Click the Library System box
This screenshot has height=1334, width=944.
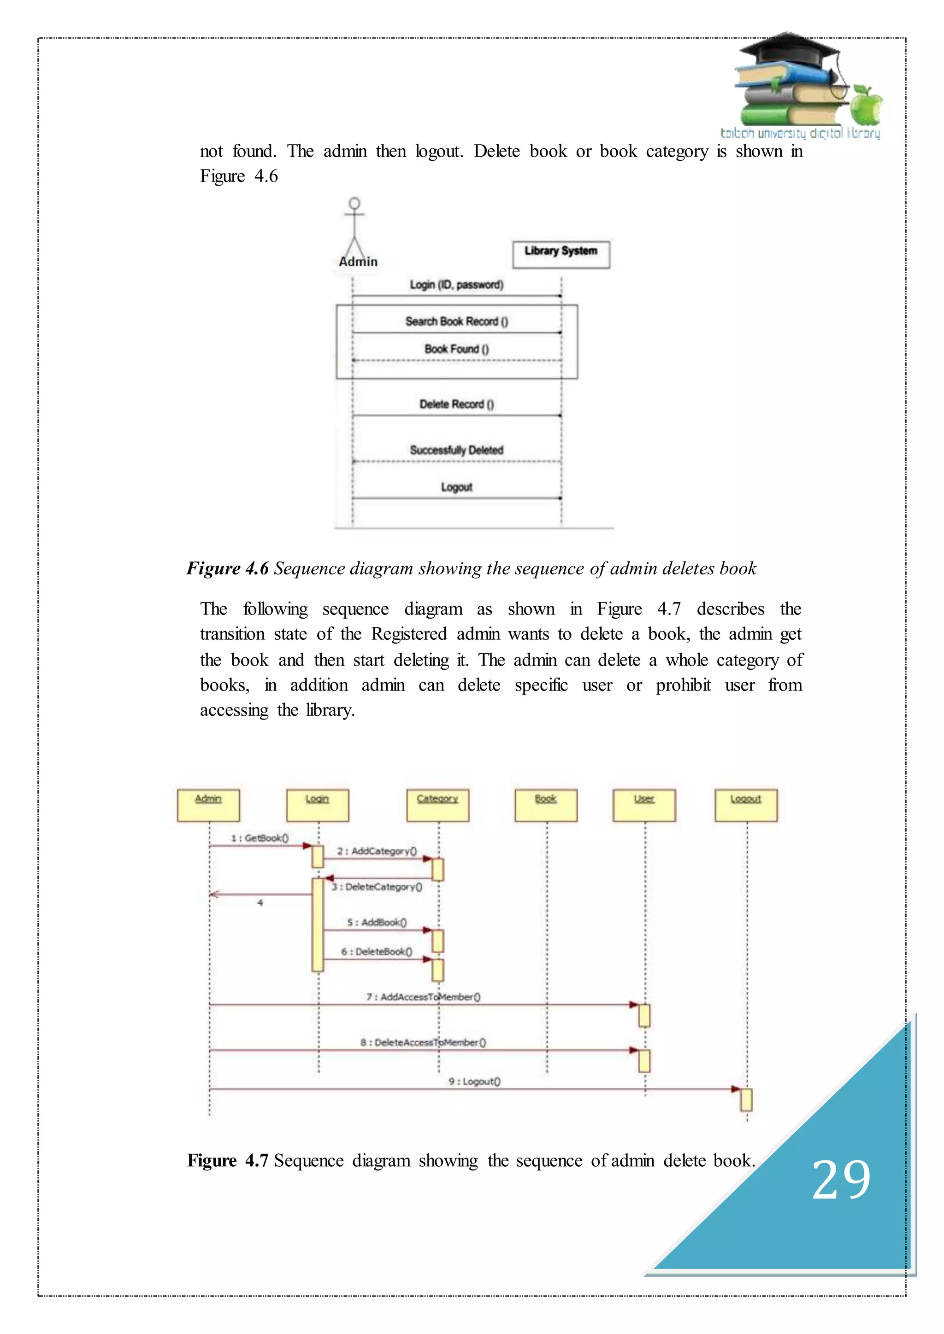click(x=561, y=254)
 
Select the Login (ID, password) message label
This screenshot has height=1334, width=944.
click(x=456, y=285)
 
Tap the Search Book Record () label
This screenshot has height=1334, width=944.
click(x=456, y=322)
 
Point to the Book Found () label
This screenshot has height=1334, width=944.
click(x=456, y=349)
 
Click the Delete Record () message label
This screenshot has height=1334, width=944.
click(x=456, y=404)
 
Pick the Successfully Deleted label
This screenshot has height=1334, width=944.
click(x=456, y=450)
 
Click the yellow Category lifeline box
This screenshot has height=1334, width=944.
click(x=438, y=805)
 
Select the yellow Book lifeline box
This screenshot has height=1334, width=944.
click(x=546, y=805)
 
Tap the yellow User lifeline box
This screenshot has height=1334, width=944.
click(x=644, y=805)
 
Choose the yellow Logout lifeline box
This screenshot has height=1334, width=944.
click(x=746, y=805)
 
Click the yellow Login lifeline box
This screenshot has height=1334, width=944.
click(x=318, y=805)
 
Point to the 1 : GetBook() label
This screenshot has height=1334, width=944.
click(x=260, y=838)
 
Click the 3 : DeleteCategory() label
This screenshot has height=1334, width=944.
click(x=377, y=887)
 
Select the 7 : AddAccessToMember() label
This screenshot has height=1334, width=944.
click(x=423, y=996)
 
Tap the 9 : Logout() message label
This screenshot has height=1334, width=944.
click(x=474, y=1081)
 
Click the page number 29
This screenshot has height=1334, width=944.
click(x=841, y=1179)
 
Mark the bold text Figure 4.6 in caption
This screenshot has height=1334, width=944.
click(x=227, y=568)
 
